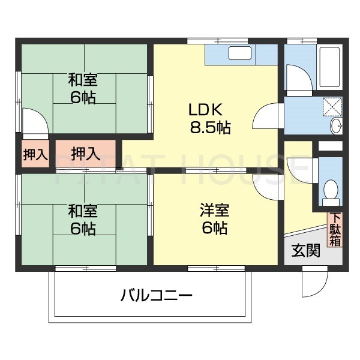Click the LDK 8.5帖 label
pyautogui.click(x=206, y=118)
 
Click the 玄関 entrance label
pyautogui.click(x=305, y=251)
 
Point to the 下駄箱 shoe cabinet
pyautogui.click(x=335, y=229)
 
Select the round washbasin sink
pyautogui.click(x=336, y=125)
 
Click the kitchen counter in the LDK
pyautogui.click(x=240, y=56)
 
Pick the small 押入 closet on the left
pyautogui.click(x=35, y=154)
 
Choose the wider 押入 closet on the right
pyautogui.click(x=85, y=154)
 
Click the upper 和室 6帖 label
pyautogui.click(x=82, y=88)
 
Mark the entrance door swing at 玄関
pyautogui.click(x=314, y=281)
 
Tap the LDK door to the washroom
pyautogui.click(x=268, y=116)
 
